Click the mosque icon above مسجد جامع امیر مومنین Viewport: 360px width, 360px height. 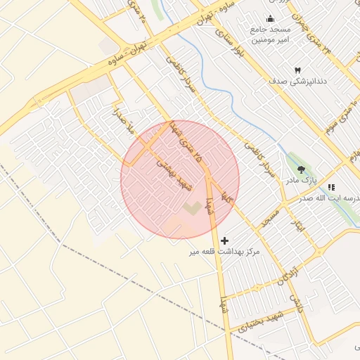pyautogui.click(x=270, y=19)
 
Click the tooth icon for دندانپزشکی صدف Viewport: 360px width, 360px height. pyautogui.click(x=297, y=70)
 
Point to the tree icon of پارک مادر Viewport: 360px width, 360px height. pyautogui.click(x=302, y=169)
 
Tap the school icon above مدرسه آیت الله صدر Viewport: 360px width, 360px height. pyautogui.click(x=330, y=186)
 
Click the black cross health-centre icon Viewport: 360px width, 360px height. pyautogui.click(x=225, y=240)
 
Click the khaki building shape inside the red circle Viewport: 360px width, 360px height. pyautogui.click(x=192, y=208)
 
